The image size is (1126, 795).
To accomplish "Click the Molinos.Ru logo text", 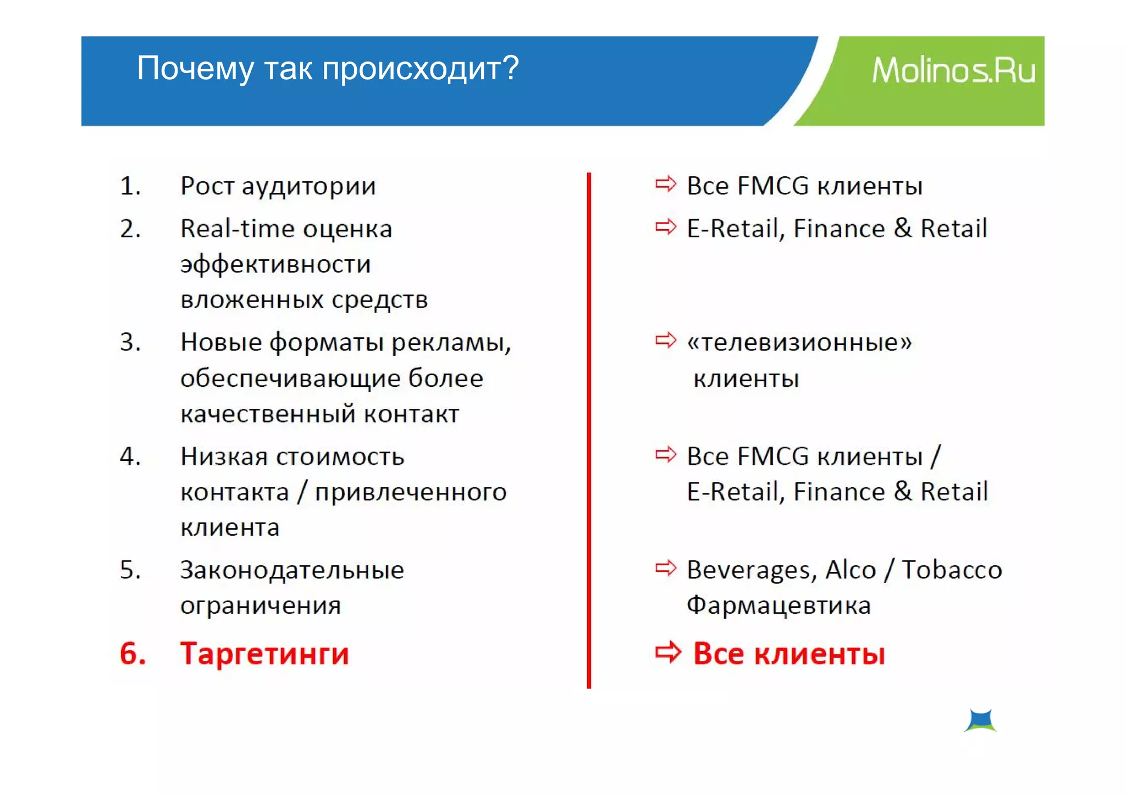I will point(953,71).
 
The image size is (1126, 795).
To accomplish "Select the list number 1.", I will point(130,186).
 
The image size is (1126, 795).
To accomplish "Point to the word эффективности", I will point(275,264).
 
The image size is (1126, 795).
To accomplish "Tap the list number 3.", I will point(130,342).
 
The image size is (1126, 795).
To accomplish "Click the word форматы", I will point(326,342).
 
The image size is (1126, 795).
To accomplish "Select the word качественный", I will point(267,414).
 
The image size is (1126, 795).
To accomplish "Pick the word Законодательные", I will point(292,570).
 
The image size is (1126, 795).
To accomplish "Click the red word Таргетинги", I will point(264,654).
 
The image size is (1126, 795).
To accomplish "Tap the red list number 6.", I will point(133,654).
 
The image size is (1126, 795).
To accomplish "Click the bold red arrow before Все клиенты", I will point(667,652).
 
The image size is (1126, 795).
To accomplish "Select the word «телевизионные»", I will point(799,342).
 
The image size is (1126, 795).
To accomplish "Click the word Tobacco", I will point(952,570).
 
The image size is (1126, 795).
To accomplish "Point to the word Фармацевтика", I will point(779,605).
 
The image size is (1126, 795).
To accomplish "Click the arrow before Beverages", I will point(665,568).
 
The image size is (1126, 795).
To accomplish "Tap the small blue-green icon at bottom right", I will point(980,720).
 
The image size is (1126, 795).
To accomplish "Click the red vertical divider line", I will point(589,429).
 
